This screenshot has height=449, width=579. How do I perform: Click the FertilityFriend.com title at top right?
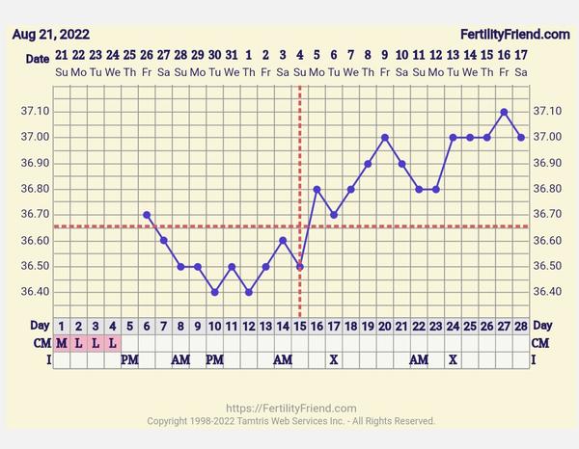[515, 34]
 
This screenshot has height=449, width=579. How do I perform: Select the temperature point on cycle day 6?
[147, 215]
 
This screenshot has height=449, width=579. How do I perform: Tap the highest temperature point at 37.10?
[504, 112]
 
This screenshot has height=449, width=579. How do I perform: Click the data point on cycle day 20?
[385, 138]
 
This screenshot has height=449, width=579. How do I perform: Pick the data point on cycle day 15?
[300, 266]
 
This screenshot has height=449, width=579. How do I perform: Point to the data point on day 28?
[521, 138]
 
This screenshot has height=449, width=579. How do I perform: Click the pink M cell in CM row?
[62, 342]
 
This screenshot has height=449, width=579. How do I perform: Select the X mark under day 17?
[334, 359]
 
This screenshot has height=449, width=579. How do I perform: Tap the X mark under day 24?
[453, 359]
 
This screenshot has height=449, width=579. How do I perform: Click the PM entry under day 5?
[129, 359]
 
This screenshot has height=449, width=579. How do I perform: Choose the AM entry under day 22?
[419, 359]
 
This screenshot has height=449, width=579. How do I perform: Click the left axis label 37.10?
[35, 112]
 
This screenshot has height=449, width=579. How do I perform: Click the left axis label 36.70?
[35, 215]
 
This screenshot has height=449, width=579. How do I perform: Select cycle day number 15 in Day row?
[300, 326]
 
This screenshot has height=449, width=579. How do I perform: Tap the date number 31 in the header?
[232, 55]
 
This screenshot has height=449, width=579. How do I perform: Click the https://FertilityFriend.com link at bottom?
[290, 409]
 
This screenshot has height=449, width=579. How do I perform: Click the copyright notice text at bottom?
[290, 421]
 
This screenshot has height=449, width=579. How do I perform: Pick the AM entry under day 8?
[180, 359]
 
